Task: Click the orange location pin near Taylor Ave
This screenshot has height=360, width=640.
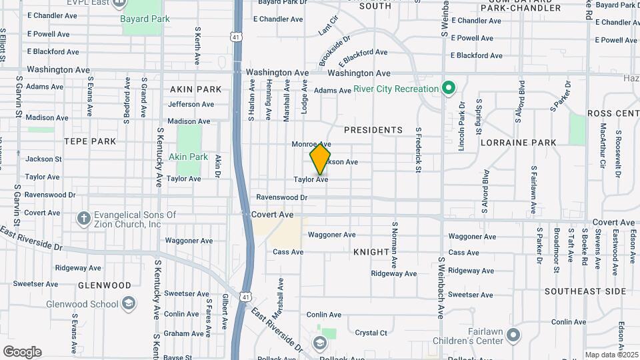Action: click(x=320, y=159)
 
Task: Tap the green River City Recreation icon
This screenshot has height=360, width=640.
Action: click(x=449, y=88)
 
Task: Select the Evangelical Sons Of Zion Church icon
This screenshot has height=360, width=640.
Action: click(x=83, y=218)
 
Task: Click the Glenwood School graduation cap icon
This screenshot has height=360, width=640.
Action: click(x=129, y=305)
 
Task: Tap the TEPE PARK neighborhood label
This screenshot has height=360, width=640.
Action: click(x=89, y=141)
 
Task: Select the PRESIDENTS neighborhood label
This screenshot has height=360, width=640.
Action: click(x=373, y=130)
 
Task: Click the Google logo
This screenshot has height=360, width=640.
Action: click(x=22, y=352)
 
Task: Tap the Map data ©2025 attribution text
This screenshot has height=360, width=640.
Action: click(x=612, y=355)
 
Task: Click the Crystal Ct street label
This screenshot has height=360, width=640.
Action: click(x=371, y=333)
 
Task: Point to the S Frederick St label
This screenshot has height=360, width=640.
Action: click(x=418, y=151)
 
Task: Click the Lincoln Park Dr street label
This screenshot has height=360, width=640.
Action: click(x=461, y=126)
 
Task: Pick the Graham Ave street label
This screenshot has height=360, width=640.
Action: click(x=183, y=333)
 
